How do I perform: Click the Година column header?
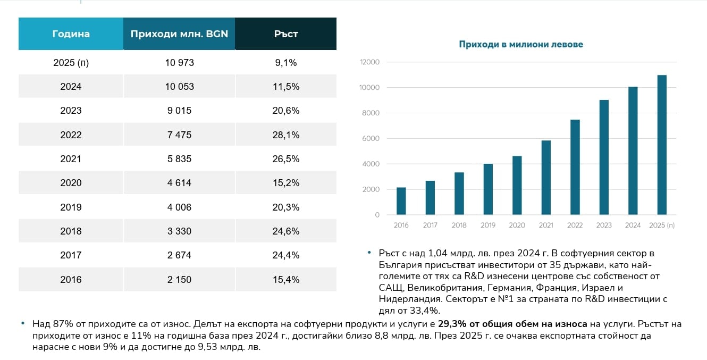71,34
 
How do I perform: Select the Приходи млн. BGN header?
179,34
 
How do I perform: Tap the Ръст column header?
286,34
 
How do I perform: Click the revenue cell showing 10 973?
179,63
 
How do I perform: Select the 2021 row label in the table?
71,159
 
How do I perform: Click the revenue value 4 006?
179,207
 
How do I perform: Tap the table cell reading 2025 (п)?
71,63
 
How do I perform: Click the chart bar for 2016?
401,202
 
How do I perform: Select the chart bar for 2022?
575,168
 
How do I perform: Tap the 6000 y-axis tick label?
371,139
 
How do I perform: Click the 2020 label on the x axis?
517,225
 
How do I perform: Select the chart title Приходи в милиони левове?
521,45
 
